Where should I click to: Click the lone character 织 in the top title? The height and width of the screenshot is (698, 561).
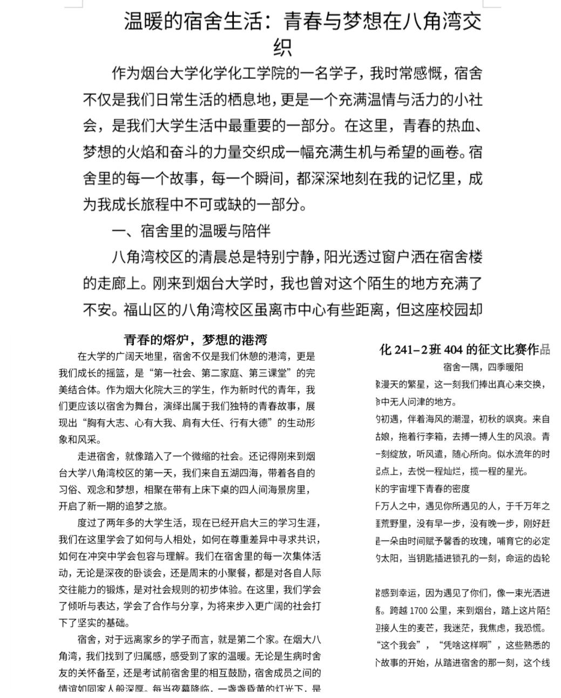point(282,48)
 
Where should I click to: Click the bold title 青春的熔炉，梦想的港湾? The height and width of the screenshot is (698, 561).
point(195,340)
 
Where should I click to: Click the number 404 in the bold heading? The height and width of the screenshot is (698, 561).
point(455,350)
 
